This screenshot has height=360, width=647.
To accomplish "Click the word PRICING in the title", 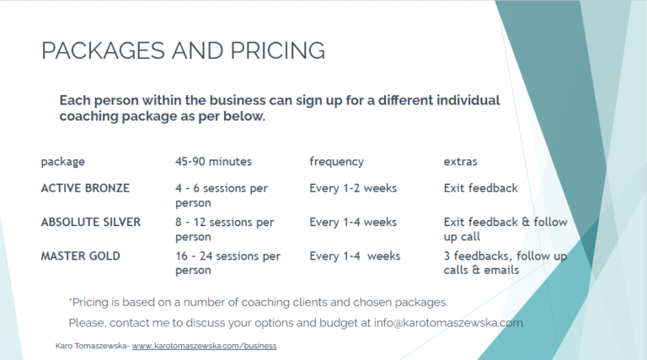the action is click(x=278, y=51).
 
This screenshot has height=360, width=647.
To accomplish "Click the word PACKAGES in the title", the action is click(x=104, y=51).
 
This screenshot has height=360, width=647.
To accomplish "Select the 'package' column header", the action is click(x=63, y=162).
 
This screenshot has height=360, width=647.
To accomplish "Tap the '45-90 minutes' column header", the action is click(x=213, y=161).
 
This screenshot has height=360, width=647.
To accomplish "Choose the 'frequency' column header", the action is click(x=337, y=162).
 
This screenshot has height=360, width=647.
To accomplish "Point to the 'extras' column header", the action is click(x=461, y=162).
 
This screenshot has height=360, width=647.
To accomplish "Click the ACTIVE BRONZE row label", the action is click(x=85, y=188).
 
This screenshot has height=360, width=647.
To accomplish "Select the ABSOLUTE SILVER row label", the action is click(x=91, y=222).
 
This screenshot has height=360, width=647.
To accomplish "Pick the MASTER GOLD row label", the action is click(x=81, y=256).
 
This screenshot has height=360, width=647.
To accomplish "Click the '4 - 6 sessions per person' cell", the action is click(x=222, y=196).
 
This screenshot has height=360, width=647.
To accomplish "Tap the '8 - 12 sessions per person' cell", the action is click(x=225, y=229).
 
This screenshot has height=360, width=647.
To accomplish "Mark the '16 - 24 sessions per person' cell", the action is click(x=227, y=263).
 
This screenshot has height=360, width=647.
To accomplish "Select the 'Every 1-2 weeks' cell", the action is click(x=353, y=188).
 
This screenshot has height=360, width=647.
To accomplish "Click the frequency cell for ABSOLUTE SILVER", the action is click(x=353, y=222).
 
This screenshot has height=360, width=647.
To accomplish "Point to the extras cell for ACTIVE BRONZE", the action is click(x=481, y=188).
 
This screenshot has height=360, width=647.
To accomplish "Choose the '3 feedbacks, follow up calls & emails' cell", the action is click(x=505, y=263).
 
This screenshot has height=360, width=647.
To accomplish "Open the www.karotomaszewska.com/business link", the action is click(x=204, y=346).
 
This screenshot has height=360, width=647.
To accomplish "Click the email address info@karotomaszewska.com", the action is click(x=449, y=323).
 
